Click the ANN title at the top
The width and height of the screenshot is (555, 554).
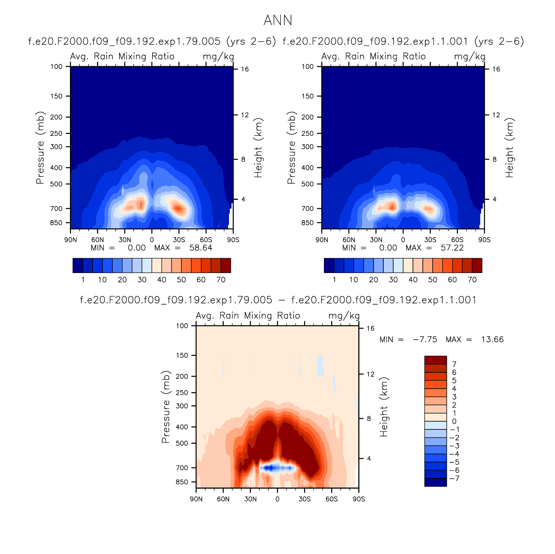[x=278, y=21]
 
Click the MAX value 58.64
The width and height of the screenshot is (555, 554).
[x=201, y=248]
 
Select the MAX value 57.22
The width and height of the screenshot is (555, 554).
[x=452, y=248]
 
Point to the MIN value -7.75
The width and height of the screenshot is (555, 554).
[x=425, y=340]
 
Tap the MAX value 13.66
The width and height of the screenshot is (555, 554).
[x=492, y=340]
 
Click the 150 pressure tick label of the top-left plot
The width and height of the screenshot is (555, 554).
[x=56, y=96]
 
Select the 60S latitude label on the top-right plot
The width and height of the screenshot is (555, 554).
[x=457, y=240]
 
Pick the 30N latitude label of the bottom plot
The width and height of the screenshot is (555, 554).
[x=250, y=499]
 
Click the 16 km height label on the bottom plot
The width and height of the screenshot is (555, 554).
[x=370, y=328]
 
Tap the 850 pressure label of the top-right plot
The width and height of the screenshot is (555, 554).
[x=308, y=223]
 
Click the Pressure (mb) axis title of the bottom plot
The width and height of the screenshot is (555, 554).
[x=165, y=407]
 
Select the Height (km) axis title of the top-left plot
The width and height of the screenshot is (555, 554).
[x=258, y=148]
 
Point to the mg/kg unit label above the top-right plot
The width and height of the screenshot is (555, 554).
[x=469, y=57]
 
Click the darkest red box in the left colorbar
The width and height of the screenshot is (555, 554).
[x=226, y=265]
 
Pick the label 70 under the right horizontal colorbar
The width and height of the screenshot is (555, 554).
[x=472, y=280]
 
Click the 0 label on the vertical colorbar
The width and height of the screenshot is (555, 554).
[x=454, y=421]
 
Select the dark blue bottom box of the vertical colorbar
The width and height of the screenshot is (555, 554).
[x=435, y=482]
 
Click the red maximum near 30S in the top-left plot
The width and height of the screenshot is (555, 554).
[x=178, y=208]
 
